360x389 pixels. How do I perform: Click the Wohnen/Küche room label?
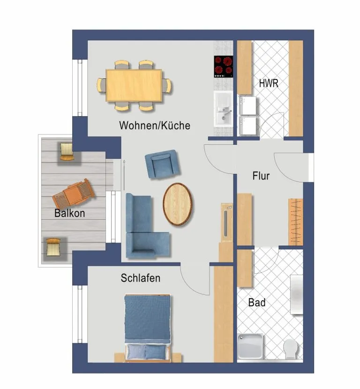click(x=155, y=126)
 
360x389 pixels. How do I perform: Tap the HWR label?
click(x=269, y=83)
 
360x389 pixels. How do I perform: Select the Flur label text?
click(x=261, y=176)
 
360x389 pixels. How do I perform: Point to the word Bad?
click(x=257, y=302)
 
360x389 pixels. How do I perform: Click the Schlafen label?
click(x=141, y=278)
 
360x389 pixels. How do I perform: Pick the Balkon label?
click(x=69, y=213)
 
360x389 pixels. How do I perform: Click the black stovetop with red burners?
click(x=223, y=67)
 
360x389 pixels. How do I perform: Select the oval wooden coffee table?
click(x=178, y=204)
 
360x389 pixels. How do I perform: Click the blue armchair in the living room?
click(x=162, y=164)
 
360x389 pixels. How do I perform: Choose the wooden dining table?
click(x=134, y=85)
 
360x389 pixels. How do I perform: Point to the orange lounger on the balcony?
click(x=74, y=194)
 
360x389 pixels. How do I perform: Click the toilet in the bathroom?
click(x=292, y=348)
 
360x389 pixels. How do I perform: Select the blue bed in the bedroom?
click(x=148, y=328)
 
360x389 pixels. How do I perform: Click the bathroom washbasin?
click(x=297, y=294)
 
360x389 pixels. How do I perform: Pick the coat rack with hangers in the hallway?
click(x=296, y=222)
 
